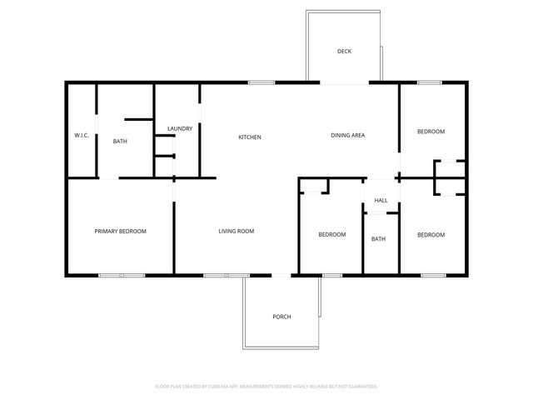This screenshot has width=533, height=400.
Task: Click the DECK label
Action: [x=344, y=52]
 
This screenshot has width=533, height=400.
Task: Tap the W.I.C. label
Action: [x=82, y=135]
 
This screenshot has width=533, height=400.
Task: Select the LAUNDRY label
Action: [x=180, y=128]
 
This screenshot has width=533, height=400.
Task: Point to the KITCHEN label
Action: [x=250, y=137]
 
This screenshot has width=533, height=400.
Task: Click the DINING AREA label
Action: [x=348, y=135]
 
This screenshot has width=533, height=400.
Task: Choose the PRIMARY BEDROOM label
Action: [x=120, y=231]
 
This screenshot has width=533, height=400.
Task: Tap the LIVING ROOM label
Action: [x=237, y=231]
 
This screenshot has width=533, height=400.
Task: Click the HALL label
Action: [x=381, y=201]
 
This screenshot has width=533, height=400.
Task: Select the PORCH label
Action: [x=282, y=317]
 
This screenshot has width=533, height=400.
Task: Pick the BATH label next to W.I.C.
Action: [x=120, y=142]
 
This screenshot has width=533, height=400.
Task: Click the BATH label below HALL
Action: [x=378, y=239]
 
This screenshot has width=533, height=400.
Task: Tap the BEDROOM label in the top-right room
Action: [x=431, y=132]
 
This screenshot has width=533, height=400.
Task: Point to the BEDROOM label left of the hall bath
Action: [x=331, y=234]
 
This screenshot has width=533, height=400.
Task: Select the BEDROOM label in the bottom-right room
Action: [x=431, y=234]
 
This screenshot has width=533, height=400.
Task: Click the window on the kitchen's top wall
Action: [x=262, y=82]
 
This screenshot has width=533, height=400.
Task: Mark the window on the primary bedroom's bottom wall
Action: [x=122, y=275]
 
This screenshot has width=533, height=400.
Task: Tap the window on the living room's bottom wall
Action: [x=226, y=275]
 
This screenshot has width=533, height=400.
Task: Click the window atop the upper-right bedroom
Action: [x=429, y=82]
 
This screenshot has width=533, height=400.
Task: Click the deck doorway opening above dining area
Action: [x=345, y=82]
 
